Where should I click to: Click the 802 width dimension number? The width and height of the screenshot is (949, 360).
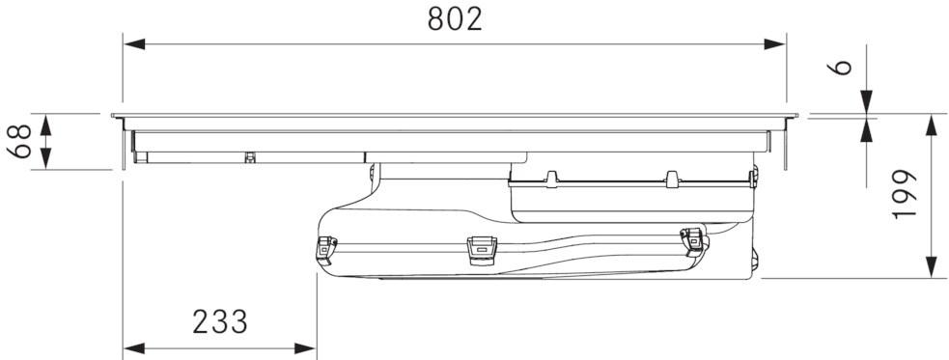click(x=454, y=19)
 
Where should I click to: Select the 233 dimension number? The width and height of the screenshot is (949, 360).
click(x=219, y=322)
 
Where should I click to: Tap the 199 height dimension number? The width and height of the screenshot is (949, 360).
click(x=904, y=194)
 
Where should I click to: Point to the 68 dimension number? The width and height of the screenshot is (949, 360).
click(x=22, y=141)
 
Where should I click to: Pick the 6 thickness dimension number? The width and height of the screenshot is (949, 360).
click(x=842, y=67)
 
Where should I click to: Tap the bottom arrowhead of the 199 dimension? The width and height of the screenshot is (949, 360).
click(x=932, y=267)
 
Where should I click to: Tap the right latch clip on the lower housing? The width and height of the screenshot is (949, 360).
click(x=691, y=239)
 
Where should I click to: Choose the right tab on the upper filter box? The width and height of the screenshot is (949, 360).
click(x=670, y=179)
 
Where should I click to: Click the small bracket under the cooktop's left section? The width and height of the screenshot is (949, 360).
click(x=250, y=156)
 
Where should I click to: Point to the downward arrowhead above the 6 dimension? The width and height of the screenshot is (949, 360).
click(x=866, y=102)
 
